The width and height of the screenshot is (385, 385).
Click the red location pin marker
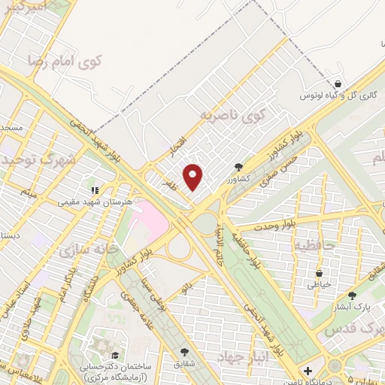click(x=194, y=177)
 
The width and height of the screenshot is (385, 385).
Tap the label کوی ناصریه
click(x=233, y=115)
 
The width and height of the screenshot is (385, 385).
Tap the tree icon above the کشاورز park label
click(x=238, y=167)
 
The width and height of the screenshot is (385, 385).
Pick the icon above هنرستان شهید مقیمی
click(x=95, y=190)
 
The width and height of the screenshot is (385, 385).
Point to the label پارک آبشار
click(x=351, y=308)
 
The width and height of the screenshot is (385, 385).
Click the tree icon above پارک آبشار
click(x=352, y=296)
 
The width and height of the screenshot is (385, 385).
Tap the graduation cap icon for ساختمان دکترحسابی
click(x=115, y=356)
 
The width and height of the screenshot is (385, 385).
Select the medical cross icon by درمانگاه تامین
click(x=308, y=371)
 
